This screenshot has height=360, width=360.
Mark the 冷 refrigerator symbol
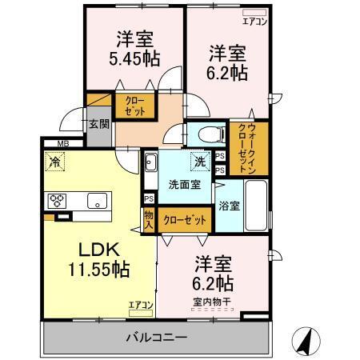click(x=56, y=160)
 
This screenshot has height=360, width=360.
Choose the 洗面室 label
click(x=183, y=184)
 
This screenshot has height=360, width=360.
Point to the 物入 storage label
click(x=149, y=218)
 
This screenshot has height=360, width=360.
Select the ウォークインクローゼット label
click(x=242, y=148)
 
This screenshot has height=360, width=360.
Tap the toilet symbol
click(x=206, y=134)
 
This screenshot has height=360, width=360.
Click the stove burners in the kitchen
click(x=58, y=199)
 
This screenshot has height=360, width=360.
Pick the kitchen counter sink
click(x=96, y=201)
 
